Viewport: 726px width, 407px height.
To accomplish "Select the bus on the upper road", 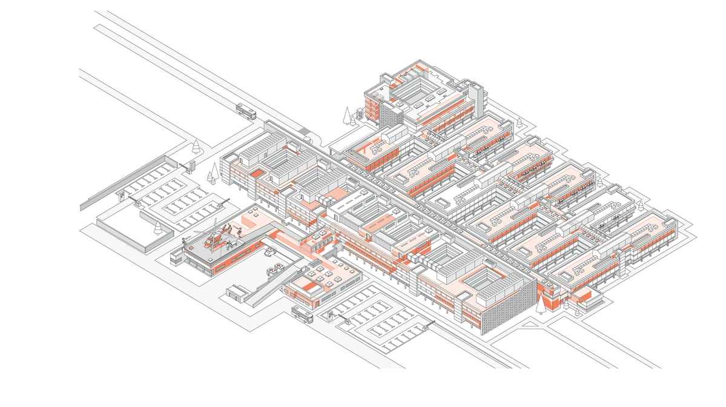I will pyautogui.click(x=246, y=111).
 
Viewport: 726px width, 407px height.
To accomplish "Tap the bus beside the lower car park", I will pyautogui.click(x=302, y=314).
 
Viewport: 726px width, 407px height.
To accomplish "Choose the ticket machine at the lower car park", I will pyautogui.click(x=331, y=315).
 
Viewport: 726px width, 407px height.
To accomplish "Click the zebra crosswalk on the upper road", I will pyautogui.click(x=303, y=131).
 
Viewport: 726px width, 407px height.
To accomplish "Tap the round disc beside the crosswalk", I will pyautogui.click(x=310, y=140).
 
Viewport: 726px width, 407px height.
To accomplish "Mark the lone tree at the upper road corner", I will pyautogui.click(x=196, y=146).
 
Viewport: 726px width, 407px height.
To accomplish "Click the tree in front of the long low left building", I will pyautogui.click(x=158, y=227).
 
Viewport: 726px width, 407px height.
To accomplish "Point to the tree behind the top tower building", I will pyautogui.click(x=519, y=123).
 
